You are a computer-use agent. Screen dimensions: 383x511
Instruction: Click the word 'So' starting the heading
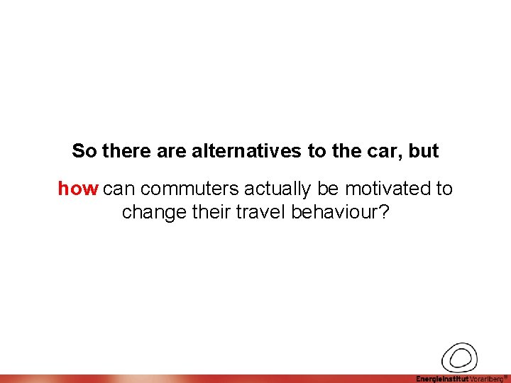click(x=84, y=151)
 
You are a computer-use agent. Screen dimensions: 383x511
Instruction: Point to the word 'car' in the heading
click(x=388, y=151)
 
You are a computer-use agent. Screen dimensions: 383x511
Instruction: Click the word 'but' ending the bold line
click(x=424, y=151)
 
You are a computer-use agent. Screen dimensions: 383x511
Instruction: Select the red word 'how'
click(x=77, y=189)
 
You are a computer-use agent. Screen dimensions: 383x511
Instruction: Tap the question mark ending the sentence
click(x=384, y=212)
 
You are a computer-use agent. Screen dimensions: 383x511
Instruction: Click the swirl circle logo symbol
click(x=459, y=357)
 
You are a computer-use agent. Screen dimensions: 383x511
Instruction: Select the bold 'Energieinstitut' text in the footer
click(x=441, y=379)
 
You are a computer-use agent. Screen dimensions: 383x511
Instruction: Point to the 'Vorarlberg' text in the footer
click(x=485, y=379)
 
